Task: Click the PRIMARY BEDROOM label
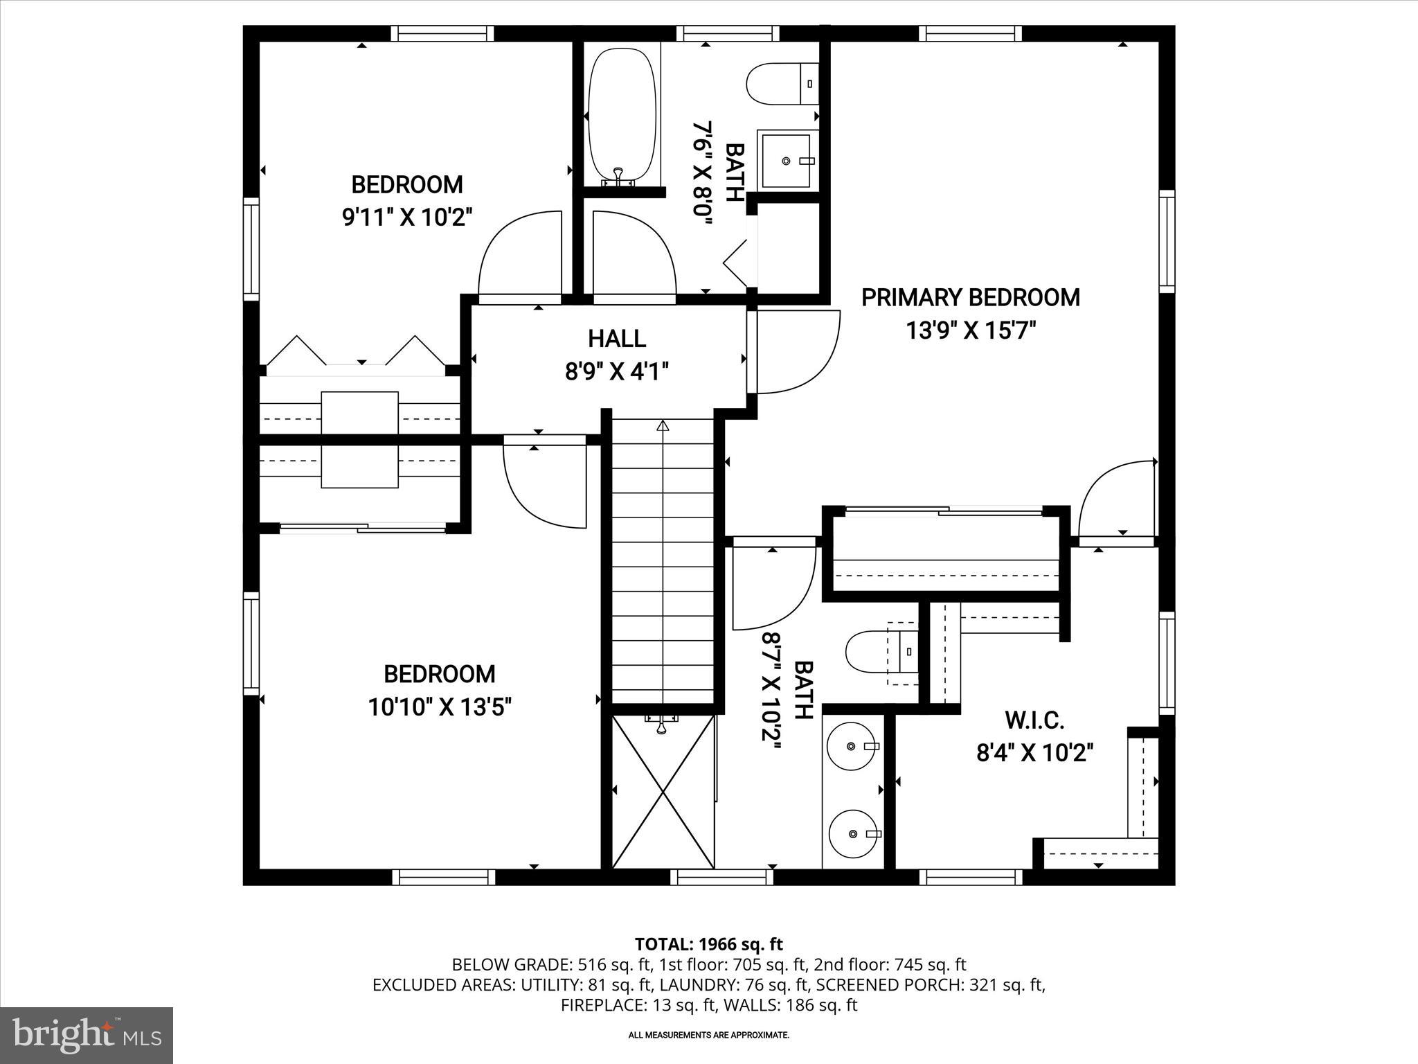(970, 298)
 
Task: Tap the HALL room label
(617, 339)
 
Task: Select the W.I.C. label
(1034, 720)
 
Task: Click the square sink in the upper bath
(787, 160)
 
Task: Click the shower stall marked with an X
(663, 792)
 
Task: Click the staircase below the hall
(663, 561)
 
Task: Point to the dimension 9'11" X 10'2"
(407, 218)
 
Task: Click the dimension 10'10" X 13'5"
(439, 708)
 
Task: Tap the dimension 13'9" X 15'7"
(971, 331)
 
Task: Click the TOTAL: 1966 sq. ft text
(708, 943)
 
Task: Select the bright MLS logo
(87, 1036)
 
